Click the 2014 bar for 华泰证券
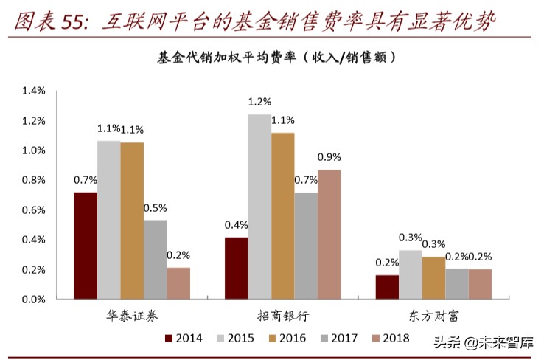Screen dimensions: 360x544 (x=86, y=246)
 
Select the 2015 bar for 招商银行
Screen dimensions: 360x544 (x=259, y=207)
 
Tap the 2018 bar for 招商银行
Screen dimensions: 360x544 (x=329, y=235)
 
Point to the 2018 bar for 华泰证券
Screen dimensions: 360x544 (x=178, y=283)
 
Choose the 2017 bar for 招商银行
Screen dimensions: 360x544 (x=306, y=246)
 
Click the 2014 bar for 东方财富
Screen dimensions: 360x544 (x=387, y=287)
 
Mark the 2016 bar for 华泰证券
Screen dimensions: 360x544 (x=132, y=221)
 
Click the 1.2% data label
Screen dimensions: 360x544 (x=259, y=102)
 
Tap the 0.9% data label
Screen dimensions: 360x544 (x=329, y=156)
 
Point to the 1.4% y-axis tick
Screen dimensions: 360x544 (x=35, y=91)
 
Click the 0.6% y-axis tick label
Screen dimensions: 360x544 (x=35, y=210)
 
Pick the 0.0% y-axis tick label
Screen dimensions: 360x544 (x=35, y=300)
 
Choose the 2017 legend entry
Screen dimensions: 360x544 (x=337, y=339)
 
